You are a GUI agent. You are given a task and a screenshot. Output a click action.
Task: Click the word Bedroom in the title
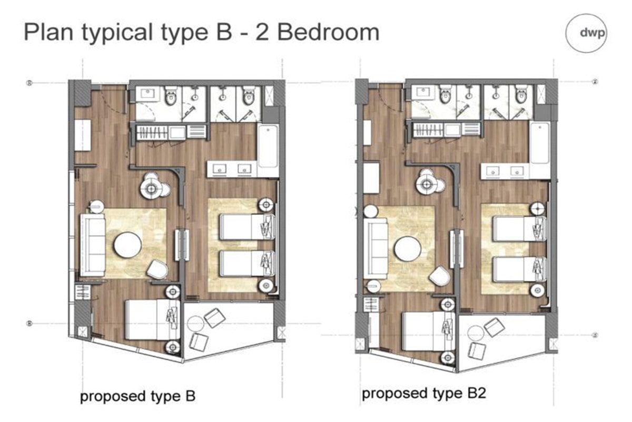tap(329, 32)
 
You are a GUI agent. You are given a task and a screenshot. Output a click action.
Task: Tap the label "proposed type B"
tap(137, 396)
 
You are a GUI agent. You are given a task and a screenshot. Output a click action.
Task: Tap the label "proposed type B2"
tap(424, 394)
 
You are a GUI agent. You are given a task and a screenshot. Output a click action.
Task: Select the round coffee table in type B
tap(127, 245)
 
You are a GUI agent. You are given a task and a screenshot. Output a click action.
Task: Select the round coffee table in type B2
tap(408, 249)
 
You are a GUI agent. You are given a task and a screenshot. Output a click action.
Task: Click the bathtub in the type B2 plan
tap(540, 143)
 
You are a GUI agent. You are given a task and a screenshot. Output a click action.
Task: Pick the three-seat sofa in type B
tap(93, 245)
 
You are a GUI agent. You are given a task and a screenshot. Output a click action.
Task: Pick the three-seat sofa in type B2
tap(376, 249)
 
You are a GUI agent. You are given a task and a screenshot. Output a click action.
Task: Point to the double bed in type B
tap(153, 320)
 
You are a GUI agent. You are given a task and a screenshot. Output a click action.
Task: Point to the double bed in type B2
tap(429, 331)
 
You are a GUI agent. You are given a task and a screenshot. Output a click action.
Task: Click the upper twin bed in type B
tap(247, 227)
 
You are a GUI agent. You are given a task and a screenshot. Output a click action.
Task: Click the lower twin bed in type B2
tap(519, 269)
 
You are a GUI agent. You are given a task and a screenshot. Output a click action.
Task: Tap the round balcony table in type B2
tap(476, 333)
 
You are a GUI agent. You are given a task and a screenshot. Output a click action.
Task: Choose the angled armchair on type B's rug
tap(157, 270)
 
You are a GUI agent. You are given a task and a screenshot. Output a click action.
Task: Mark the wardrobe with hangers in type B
tap(152, 132)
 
